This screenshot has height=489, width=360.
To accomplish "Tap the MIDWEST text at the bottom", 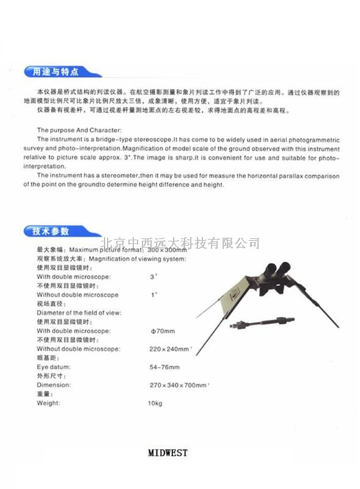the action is tap(168, 453).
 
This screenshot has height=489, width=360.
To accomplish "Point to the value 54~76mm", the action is tap(165, 367).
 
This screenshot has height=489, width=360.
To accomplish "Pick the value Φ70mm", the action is tap(163, 331).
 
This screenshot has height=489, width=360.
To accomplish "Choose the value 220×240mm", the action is tap(171, 348).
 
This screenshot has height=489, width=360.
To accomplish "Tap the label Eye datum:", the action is tap(54, 367).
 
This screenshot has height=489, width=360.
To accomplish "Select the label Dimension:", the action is tap(54, 385).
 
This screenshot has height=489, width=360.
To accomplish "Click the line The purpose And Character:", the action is tap(79, 130).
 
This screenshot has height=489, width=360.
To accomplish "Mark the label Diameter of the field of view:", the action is tap(79, 312).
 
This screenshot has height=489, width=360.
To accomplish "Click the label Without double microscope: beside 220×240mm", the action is tap(78, 348).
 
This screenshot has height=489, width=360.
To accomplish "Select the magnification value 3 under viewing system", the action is tap(152, 277).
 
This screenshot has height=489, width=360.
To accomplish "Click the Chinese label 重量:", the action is tap(46, 394).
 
